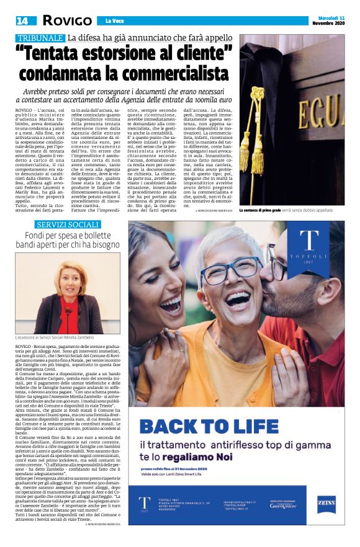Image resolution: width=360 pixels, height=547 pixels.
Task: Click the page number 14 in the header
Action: point(23,21)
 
